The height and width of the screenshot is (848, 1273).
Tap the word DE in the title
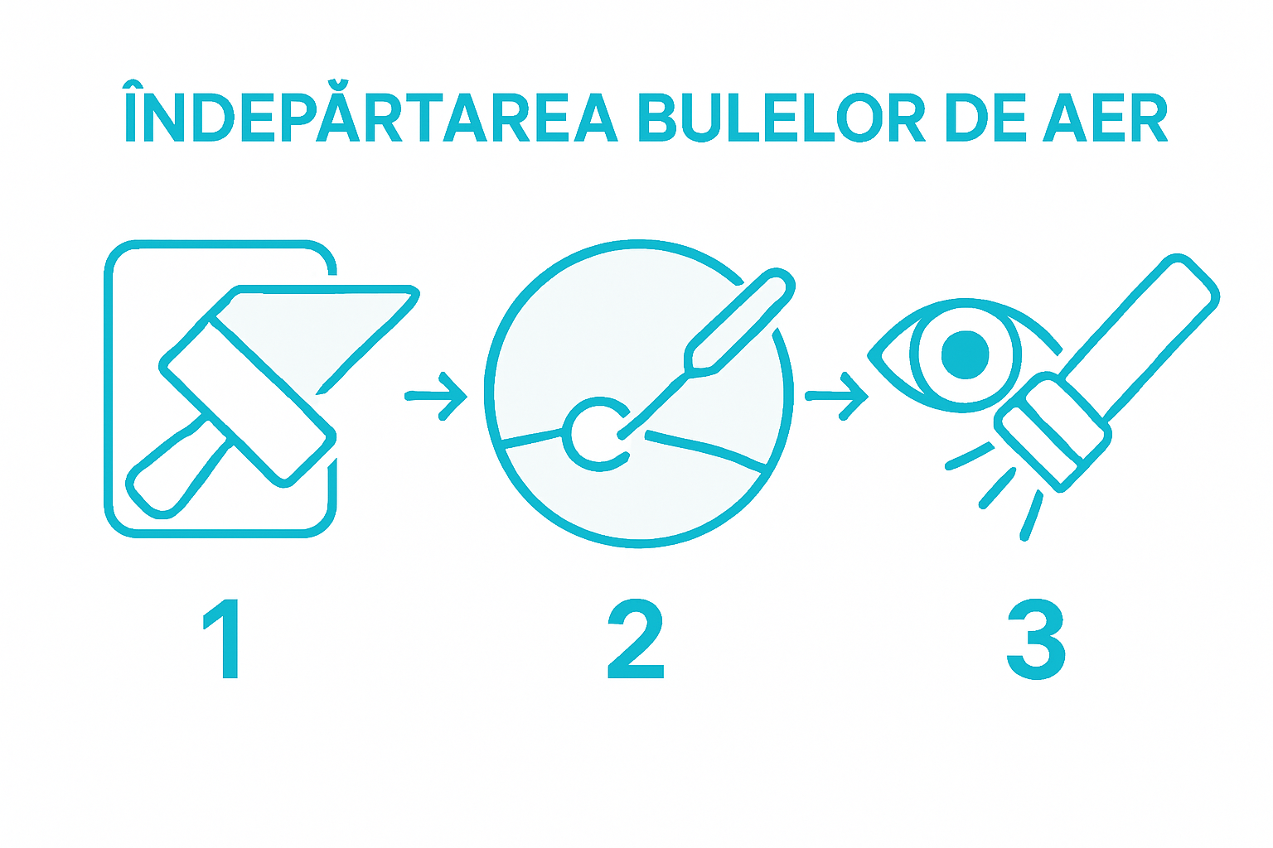[986, 117]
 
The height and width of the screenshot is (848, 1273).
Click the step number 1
[223, 638]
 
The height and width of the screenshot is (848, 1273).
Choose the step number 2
[636, 638]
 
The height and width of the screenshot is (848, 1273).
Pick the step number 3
[1036, 638]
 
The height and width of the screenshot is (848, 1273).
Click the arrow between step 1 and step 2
[436, 396]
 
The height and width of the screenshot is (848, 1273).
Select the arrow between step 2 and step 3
[837, 396]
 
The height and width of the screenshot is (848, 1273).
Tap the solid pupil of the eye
[966, 354]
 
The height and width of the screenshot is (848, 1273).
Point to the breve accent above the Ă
[336, 84]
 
